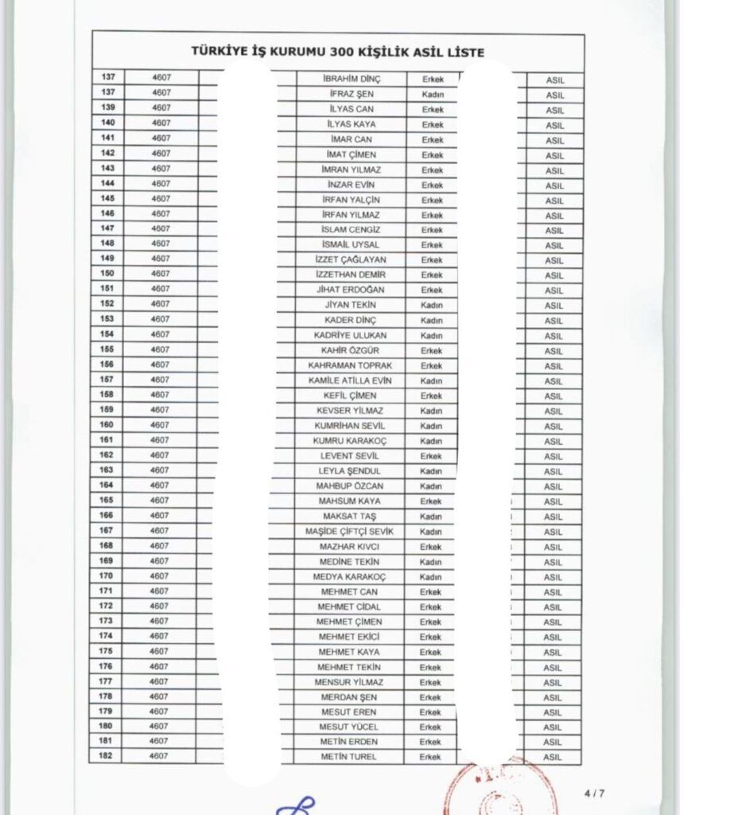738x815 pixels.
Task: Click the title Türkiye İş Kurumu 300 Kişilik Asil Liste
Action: click(338, 52)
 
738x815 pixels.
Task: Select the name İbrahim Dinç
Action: click(352, 79)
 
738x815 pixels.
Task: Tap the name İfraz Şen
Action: click(352, 94)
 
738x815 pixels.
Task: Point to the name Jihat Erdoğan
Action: click(352, 290)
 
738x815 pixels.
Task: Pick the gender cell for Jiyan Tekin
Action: click(432, 305)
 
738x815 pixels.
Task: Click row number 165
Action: click(107, 500)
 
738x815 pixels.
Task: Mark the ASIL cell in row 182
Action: click(554, 757)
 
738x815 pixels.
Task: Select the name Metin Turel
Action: click(349, 756)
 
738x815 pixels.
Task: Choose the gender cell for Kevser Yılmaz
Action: click(432, 411)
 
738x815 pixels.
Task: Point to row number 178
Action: click(106, 696)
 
